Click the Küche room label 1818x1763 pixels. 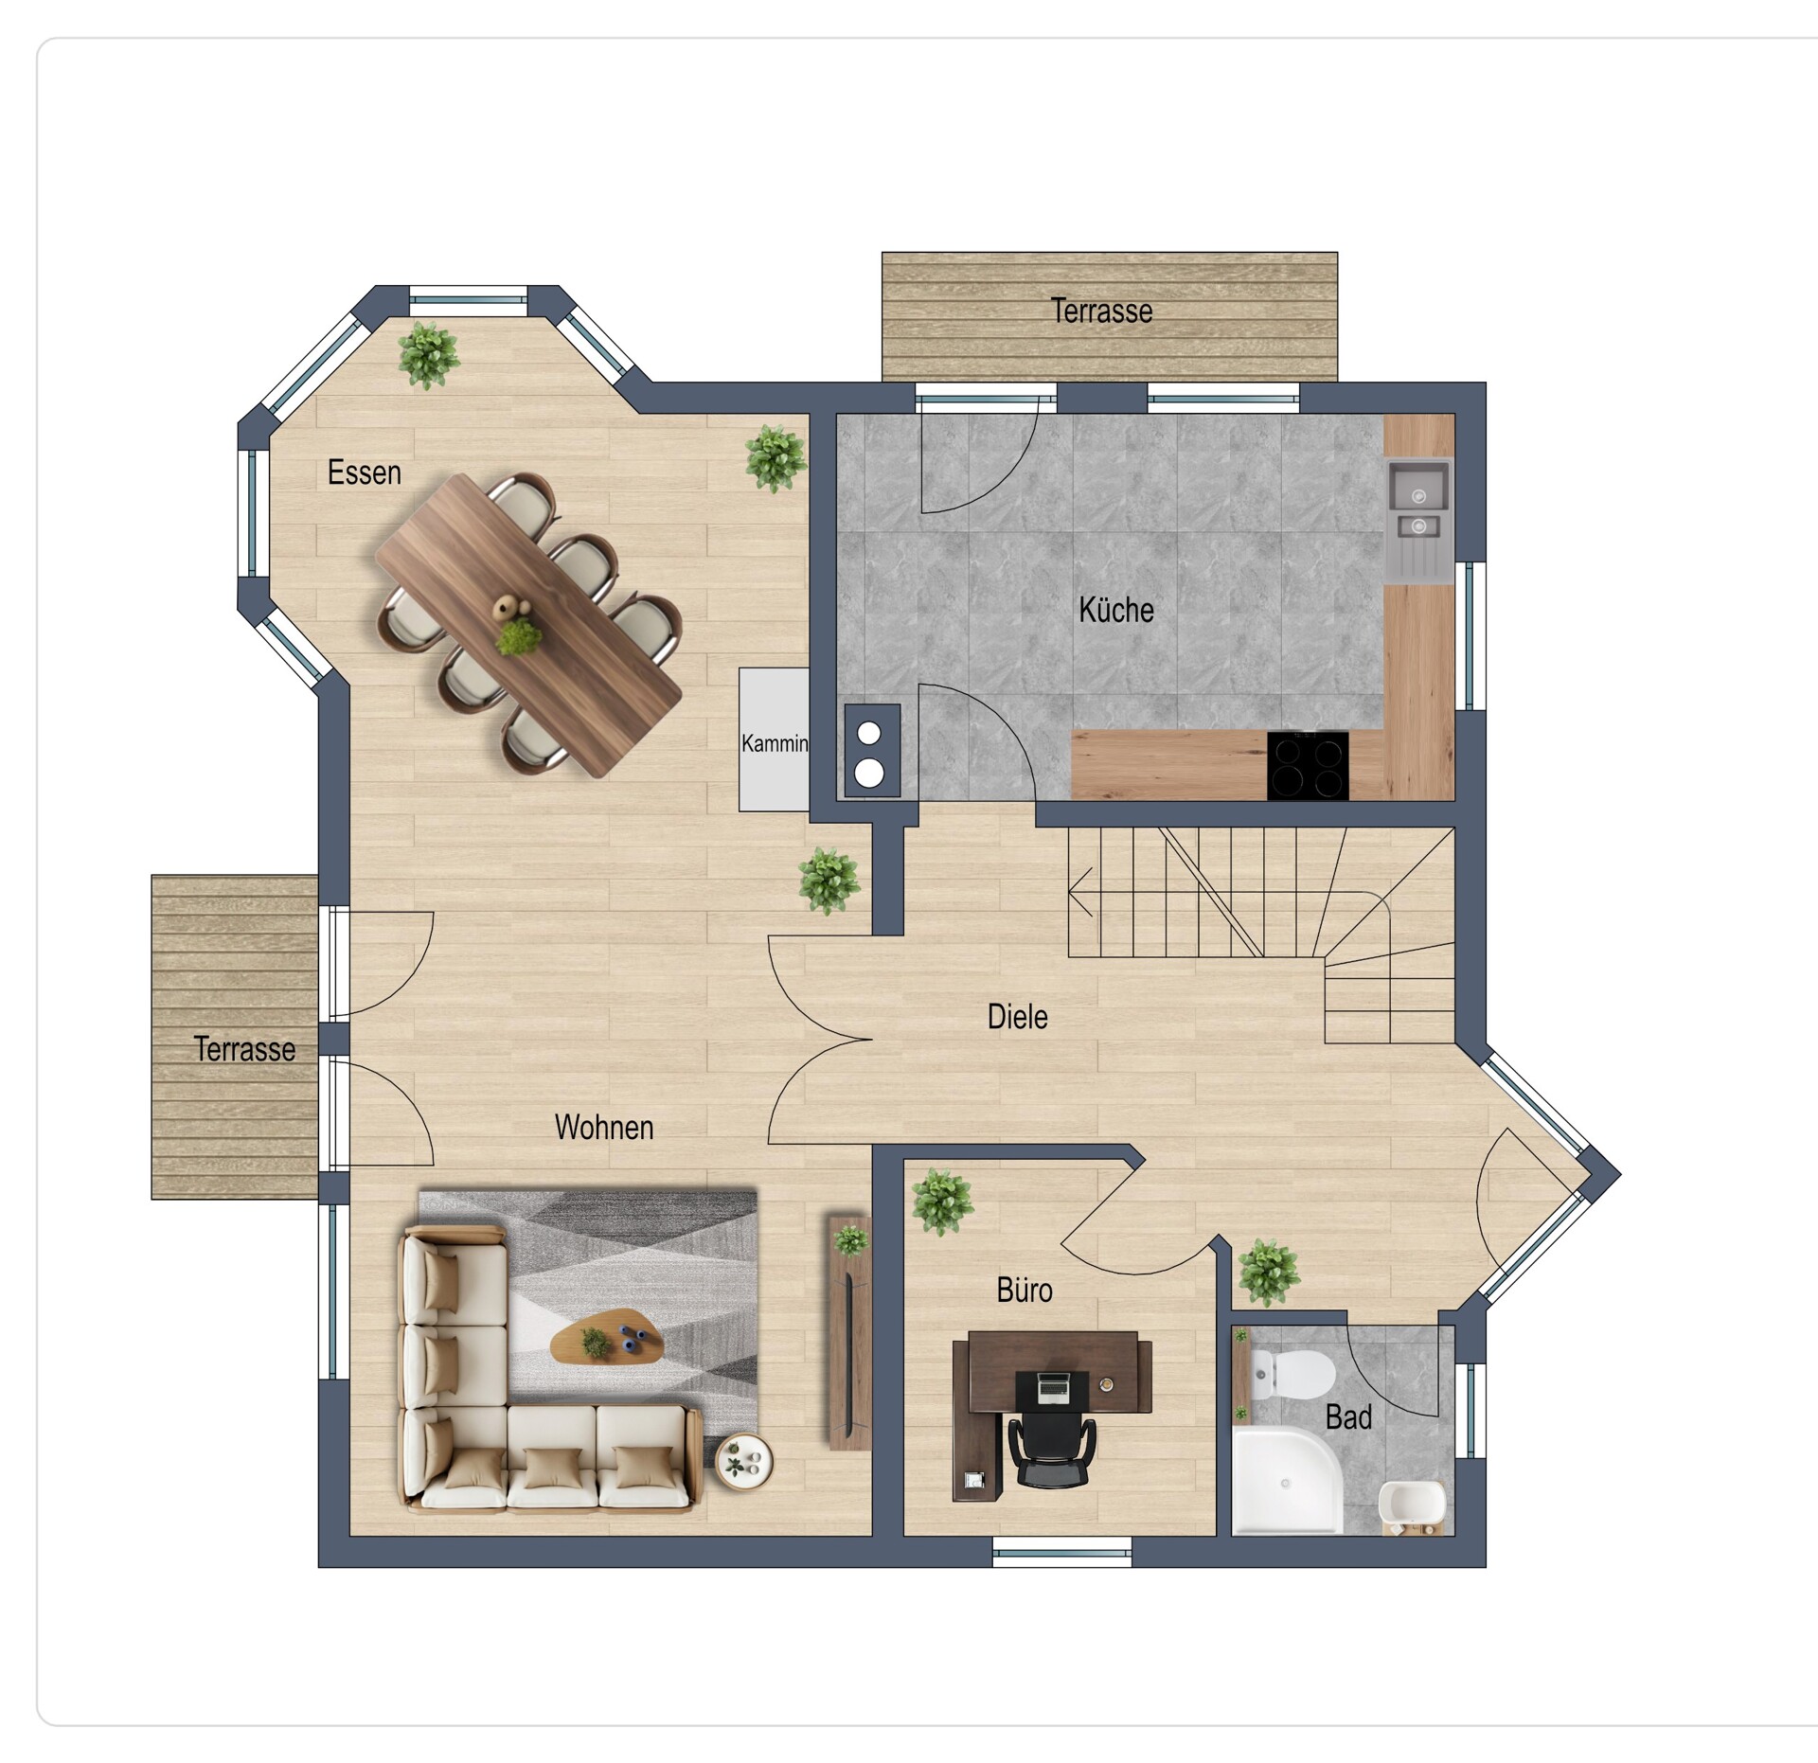click(1116, 610)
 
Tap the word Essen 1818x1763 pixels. click(365, 472)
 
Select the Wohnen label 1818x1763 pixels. click(604, 1127)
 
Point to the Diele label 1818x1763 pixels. click(1018, 1017)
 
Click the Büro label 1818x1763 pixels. click(1025, 1290)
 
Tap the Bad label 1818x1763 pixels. click(1349, 1417)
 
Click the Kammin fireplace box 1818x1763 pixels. click(774, 739)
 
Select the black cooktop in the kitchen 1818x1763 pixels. click(1308, 766)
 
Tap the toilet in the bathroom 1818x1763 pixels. click(1292, 1374)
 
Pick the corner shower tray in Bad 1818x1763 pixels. click(1288, 1482)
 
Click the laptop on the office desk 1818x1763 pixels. click(1052, 1388)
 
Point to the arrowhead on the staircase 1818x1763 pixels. click(1079, 891)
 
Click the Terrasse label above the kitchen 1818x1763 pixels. click(1102, 311)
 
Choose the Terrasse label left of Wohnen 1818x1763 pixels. click(244, 1048)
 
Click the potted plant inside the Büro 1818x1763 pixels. click(942, 1202)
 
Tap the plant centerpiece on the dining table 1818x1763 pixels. click(518, 637)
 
